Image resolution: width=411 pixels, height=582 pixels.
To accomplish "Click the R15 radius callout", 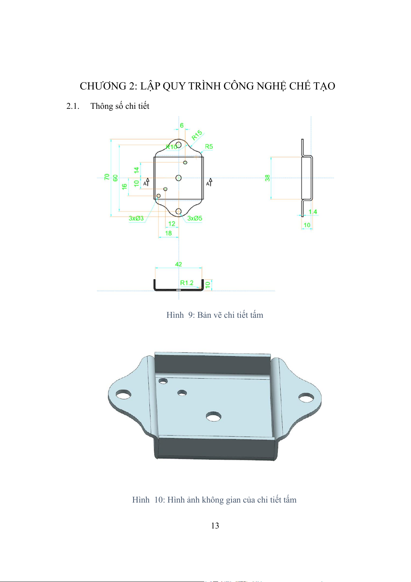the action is (x=197, y=135).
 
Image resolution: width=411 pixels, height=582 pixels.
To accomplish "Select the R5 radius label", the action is (x=209, y=146).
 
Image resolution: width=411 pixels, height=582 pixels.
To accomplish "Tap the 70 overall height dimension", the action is (x=107, y=177).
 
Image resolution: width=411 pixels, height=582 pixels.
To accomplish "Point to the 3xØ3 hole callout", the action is (x=136, y=218).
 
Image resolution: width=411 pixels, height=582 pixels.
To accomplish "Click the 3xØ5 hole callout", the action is (x=195, y=218).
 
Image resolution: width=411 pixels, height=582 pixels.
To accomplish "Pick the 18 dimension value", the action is (x=168, y=233).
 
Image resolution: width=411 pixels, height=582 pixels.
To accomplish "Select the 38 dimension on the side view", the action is (x=267, y=178).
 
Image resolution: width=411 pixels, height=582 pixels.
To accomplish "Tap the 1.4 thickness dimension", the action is (x=313, y=212).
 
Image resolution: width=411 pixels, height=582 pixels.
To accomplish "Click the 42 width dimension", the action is (x=178, y=264).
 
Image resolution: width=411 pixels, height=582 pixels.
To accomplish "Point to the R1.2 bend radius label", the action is (x=187, y=283).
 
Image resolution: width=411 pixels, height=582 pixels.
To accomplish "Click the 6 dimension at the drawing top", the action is (x=182, y=125).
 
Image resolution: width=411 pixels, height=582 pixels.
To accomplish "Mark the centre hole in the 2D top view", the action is (x=178, y=178).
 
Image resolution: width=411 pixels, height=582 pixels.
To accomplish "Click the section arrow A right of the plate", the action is (x=209, y=182).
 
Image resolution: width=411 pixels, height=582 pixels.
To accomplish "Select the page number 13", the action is (x=215, y=526).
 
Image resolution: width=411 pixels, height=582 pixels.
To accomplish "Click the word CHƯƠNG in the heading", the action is (x=103, y=86).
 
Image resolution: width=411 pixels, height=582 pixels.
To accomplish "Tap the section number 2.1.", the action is (x=73, y=106).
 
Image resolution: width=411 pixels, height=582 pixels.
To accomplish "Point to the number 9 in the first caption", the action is (x=190, y=315).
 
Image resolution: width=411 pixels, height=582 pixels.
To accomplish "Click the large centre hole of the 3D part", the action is (x=213, y=417).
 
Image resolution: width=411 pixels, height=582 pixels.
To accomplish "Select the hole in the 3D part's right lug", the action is (x=306, y=398).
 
